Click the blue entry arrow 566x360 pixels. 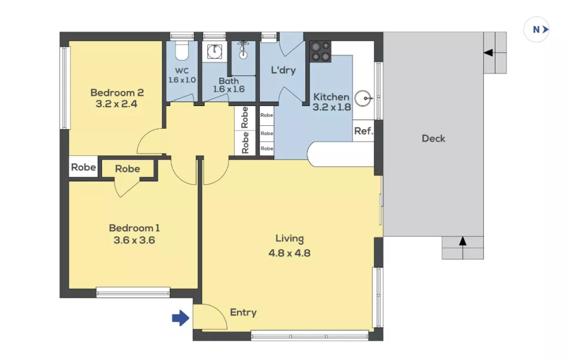pos(180,318)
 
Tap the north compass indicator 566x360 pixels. pos(537,29)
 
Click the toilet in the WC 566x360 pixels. pos(181,50)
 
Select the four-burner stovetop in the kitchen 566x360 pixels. pos(320,52)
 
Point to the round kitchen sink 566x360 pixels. pos(363,98)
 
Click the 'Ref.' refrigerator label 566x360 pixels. pos(363,131)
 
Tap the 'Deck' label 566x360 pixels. pos(433,139)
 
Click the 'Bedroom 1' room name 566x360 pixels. pos(134,228)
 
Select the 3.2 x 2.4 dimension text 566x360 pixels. pos(116,104)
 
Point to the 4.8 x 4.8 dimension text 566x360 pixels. pos(290,253)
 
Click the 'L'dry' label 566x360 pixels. pos(284,70)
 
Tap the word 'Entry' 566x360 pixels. pos(243,312)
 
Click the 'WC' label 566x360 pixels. pos(181,70)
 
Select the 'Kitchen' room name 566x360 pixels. pos(331,97)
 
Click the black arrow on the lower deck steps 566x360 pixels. pos(462,241)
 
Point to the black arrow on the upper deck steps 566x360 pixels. pos(488,53)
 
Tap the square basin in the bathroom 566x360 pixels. pos(214,51)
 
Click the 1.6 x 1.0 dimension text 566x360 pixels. pos(182,80)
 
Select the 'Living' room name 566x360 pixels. pos(290,239)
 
